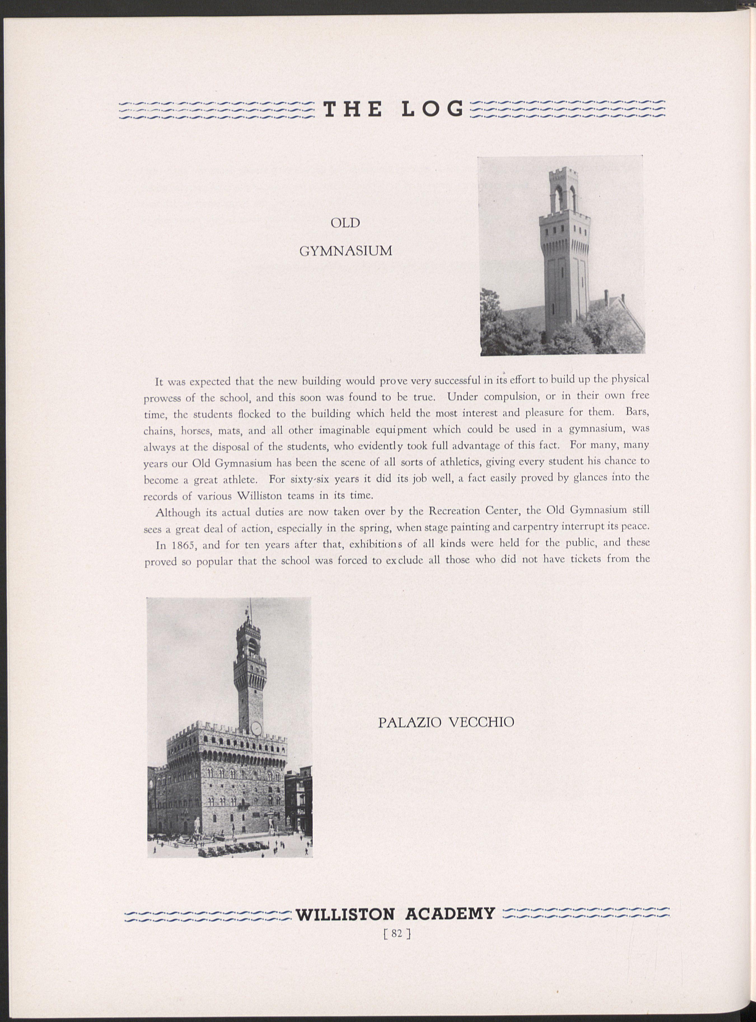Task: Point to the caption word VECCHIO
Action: click(482, 722)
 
